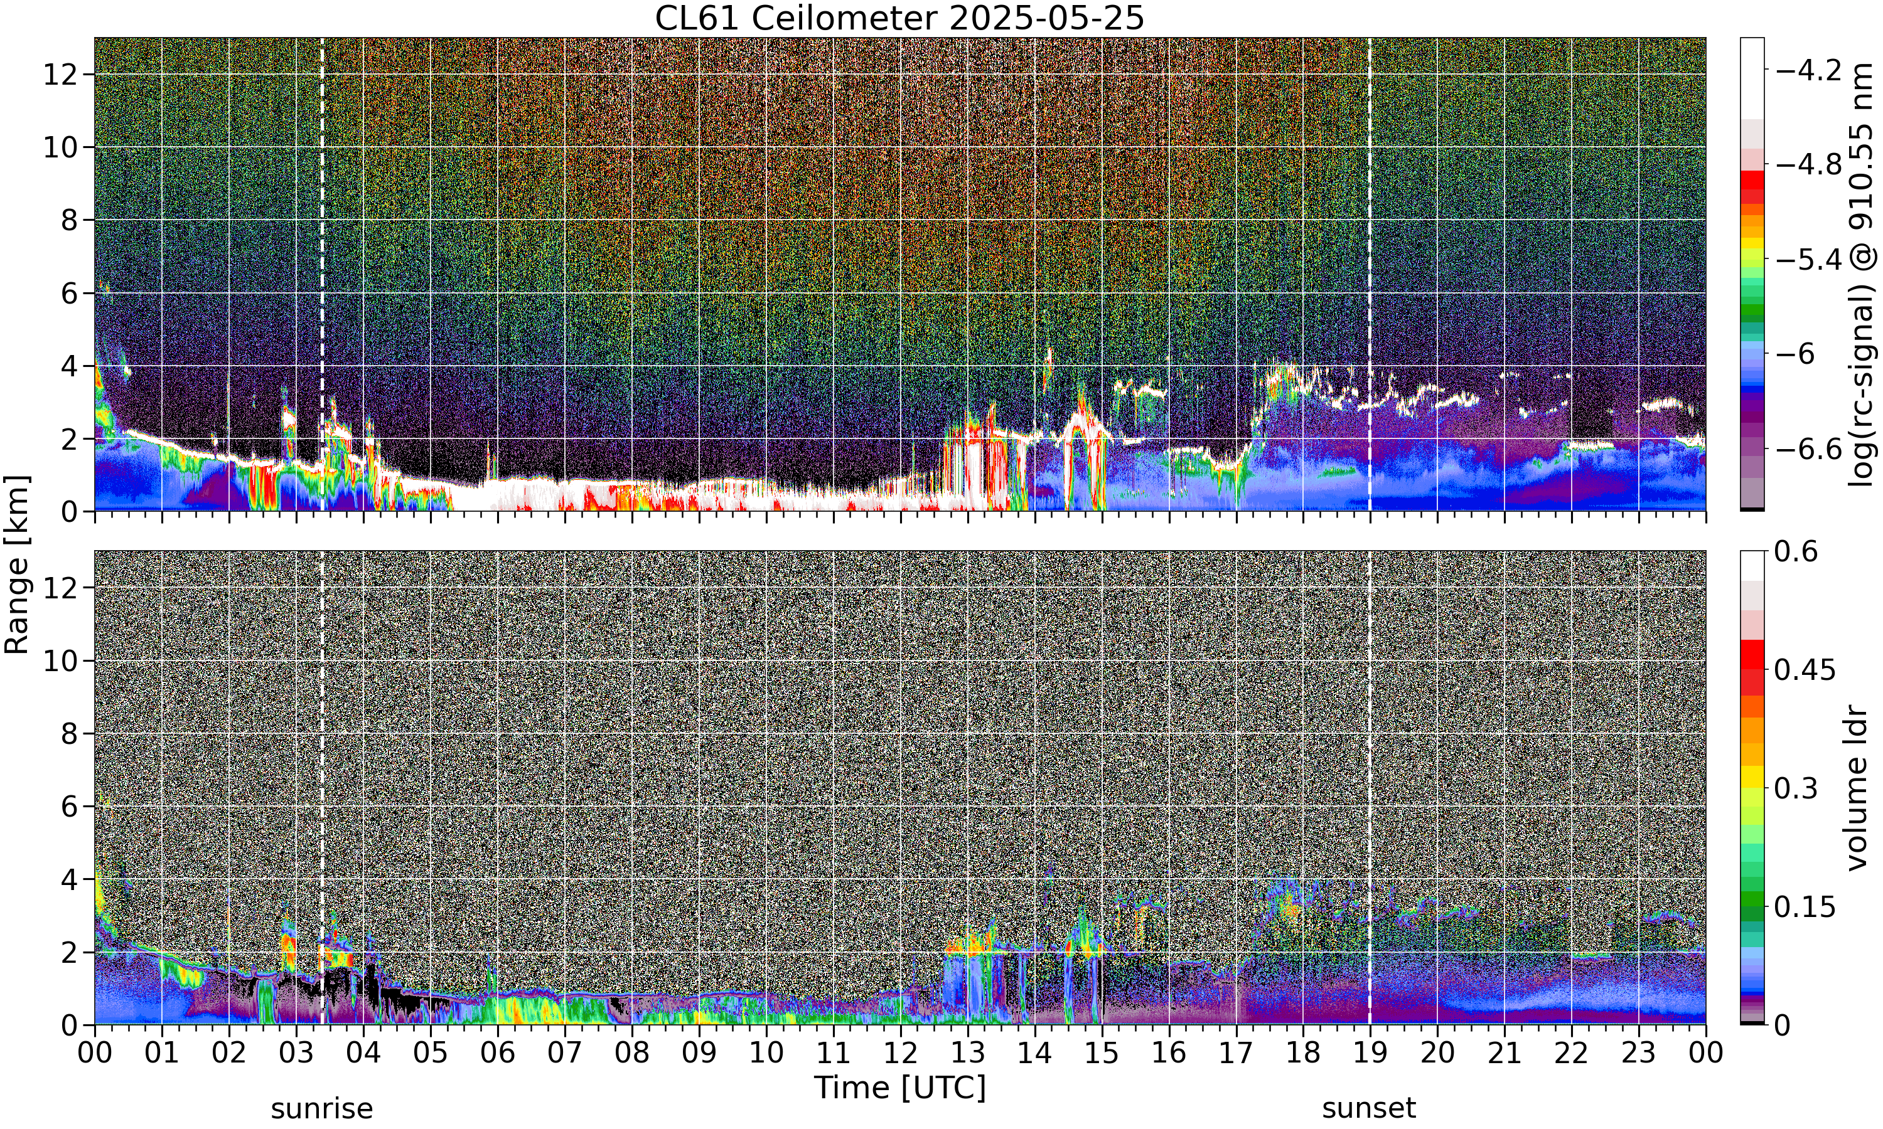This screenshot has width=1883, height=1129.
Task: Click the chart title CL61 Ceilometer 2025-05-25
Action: tap(899, 18)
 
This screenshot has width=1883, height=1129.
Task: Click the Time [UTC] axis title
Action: tap(899, 1087)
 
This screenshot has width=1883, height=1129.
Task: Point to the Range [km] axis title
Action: tap(17, 564)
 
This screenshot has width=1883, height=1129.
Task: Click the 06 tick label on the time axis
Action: tap(497, 1053)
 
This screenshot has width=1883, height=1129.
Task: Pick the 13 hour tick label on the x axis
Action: tap(967, 1053)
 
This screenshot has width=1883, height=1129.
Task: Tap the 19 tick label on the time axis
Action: tap(1370, 1053)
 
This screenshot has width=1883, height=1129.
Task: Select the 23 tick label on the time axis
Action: tap(1638, 1053)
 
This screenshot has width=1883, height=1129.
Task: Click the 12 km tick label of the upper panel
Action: tap(60, 75)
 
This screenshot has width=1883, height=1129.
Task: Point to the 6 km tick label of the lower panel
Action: tap(69, 807)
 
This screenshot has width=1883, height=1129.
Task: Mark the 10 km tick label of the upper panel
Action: tap(60, 147)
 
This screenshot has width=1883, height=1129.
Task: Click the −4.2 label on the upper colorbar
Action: tap(1808, 70)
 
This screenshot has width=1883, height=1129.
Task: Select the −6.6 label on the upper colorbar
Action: tap(1808, 449)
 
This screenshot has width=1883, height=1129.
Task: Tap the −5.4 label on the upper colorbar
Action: tap(1808, 260)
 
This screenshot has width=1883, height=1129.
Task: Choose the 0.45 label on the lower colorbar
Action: tap(1805, 669)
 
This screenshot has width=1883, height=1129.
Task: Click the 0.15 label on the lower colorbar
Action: tap(1805, 907)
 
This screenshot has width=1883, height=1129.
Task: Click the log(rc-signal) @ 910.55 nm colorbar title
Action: tap(1860, 275)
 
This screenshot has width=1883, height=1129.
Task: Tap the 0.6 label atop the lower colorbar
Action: tap(1796, 551)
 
